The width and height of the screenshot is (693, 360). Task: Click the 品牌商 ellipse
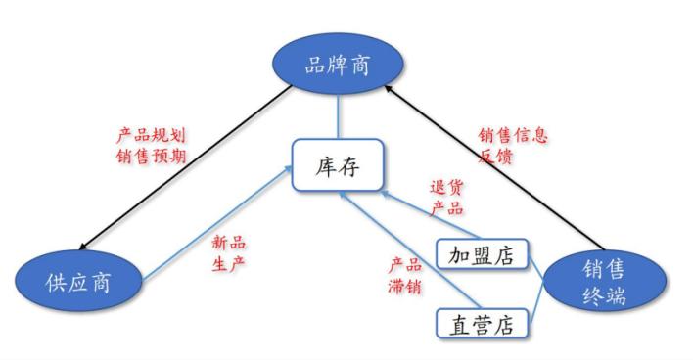[339, 66]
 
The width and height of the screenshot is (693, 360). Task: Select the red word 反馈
[496, 156]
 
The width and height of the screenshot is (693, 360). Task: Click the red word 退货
[446, 187]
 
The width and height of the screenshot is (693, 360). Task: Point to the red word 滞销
[404, 285]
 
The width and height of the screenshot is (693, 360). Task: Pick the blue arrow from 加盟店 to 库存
[411, 213]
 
